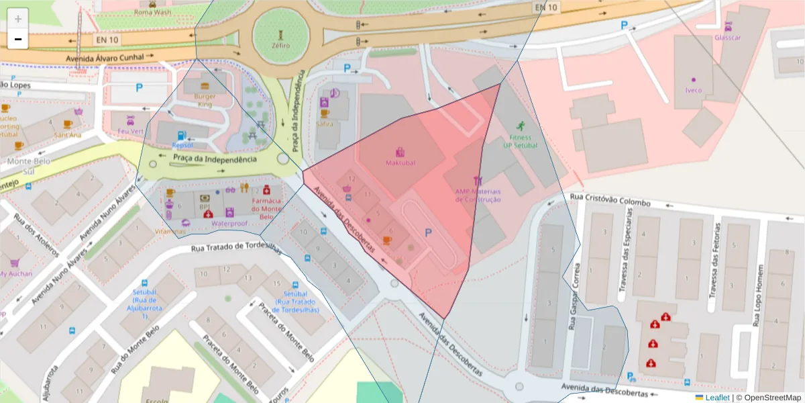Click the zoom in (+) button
pos(18,18)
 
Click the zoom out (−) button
pos(18,39)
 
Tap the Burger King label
pos(205,100)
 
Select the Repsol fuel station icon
pos(181,135)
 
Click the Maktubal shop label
pos(400,163)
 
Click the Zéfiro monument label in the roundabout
pos(281,46)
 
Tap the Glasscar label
pos(728,38)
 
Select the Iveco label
pos(693,90)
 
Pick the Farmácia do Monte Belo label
pos(266,209)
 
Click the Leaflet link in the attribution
pos(718,398)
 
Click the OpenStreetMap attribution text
pos(771,398)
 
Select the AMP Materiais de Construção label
pos(478,195)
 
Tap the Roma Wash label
pos(153,12)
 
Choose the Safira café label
pos(325,124)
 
